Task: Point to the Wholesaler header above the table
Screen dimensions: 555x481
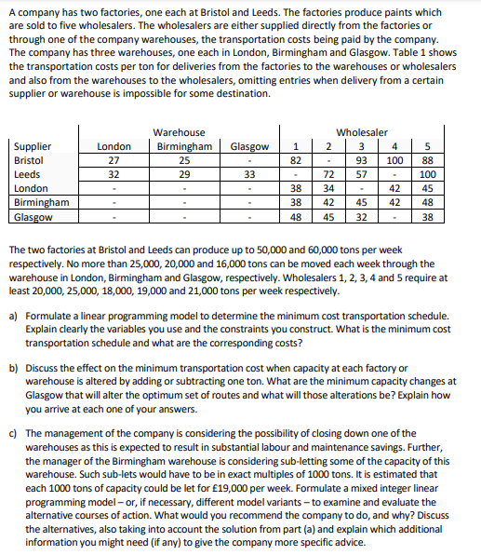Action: [362, 133]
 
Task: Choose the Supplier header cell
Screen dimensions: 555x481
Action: [33, 147]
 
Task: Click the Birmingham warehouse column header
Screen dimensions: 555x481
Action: [183, 147]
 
